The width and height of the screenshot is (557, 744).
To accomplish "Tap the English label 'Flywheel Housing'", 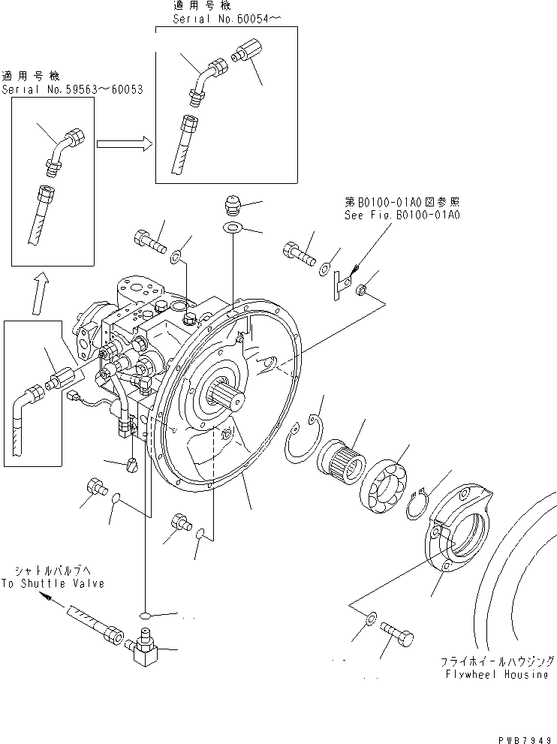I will (495, 674).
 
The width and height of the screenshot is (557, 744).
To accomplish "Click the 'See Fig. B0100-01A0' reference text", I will (403, 214).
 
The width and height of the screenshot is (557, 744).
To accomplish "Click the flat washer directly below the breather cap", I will (233, 227).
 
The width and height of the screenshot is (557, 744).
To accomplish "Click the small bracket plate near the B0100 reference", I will (342, 283).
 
